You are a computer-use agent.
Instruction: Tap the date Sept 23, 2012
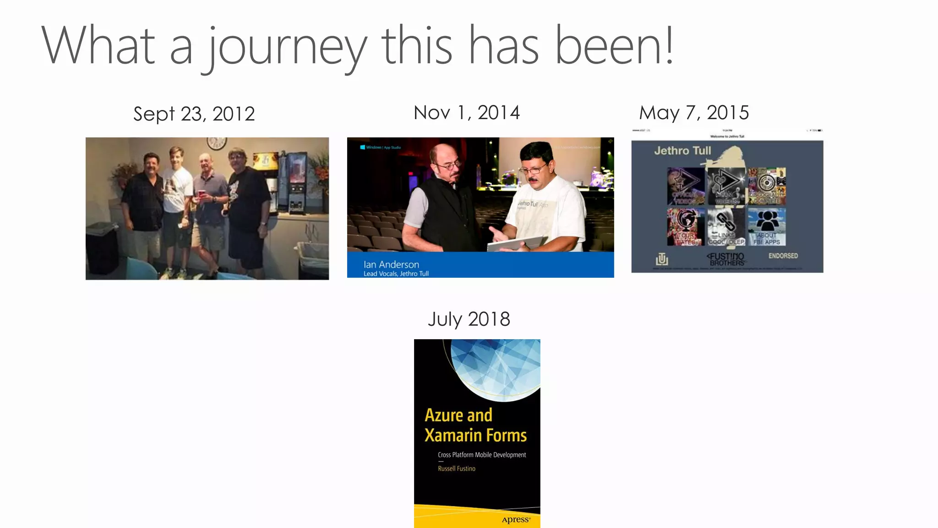pos(194,114)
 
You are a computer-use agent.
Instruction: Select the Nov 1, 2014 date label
pos(467,113)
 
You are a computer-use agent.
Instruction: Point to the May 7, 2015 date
pos(694,113)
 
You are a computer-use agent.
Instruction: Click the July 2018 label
pos(469,319)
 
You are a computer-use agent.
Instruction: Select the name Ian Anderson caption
pos(391,264)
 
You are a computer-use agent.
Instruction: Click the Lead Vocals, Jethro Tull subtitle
pos(396,274)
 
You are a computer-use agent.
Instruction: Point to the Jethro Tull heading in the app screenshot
pos(682,151)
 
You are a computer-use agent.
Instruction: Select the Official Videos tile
pos(686,186)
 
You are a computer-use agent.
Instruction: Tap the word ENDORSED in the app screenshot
pos(783,256)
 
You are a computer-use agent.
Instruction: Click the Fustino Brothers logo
pos(726,259)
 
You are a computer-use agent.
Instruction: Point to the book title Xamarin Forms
pos(475,435)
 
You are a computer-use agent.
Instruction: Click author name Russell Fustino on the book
pos(457,468)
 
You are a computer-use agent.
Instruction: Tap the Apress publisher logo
pos(516,520)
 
